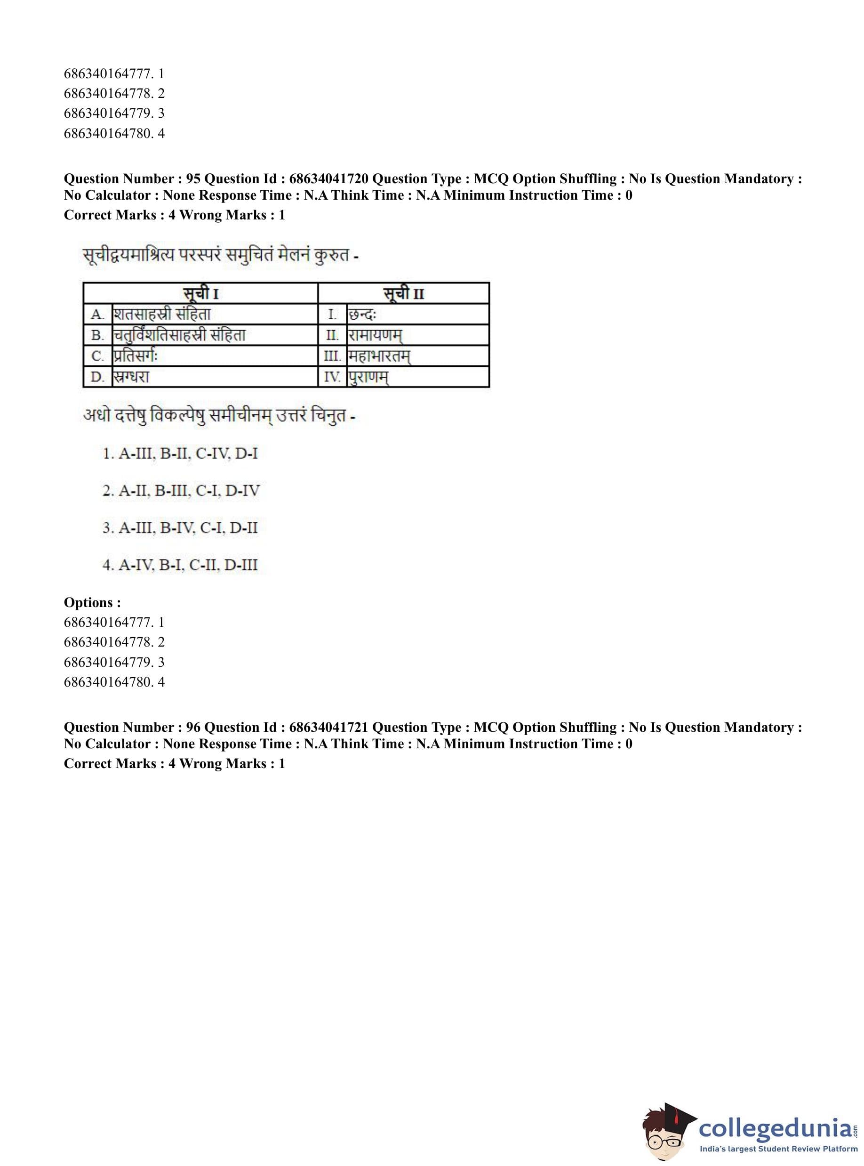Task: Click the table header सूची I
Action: (x=200, y=293)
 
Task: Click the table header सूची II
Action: (x=403, y=293)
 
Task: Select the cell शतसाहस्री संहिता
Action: (x=163, y=314)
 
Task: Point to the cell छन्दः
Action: (x=362, y=314)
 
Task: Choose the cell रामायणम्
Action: (x=375, y=335)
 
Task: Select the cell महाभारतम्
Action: (x=379, y=356)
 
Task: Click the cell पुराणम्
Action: (x=368, y=377)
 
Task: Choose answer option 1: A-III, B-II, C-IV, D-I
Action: (x=180, y=453)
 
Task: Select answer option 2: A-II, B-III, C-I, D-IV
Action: (x=181, y=490)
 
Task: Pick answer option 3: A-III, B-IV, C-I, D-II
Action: (x=180, y=527)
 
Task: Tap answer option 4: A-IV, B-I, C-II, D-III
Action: (x=180, y=565)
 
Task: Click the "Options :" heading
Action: (x=92, y=602)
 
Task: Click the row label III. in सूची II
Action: (x=332, y=356)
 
